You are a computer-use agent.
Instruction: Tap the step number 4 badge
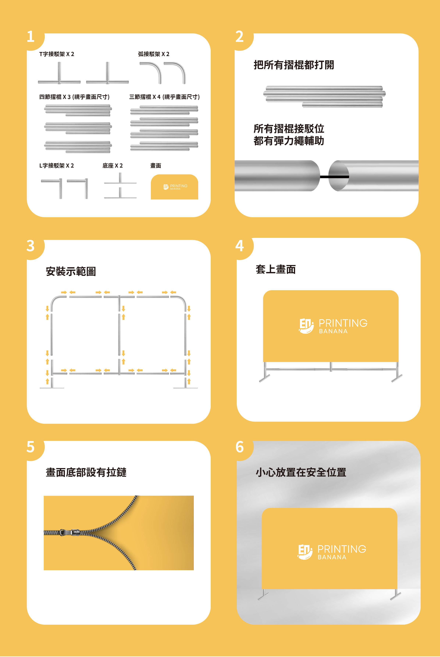[239, 246]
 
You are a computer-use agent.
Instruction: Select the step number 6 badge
[239, 447]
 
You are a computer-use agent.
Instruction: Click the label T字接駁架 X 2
[57, 54]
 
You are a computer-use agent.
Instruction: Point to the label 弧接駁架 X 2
[154, 54]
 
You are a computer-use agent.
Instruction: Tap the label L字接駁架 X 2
[57, 166]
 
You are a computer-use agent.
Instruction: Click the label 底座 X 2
[113, 166]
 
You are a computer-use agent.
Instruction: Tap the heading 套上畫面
[276, 269]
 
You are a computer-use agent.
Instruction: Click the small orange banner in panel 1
[174, 187]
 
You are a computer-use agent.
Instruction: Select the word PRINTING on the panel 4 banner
[343, 323]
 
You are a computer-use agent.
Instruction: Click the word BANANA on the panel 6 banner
[332, 557]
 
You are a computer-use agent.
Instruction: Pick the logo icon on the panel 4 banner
[306, 326]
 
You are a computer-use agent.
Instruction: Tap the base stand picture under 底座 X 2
[120, 186]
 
